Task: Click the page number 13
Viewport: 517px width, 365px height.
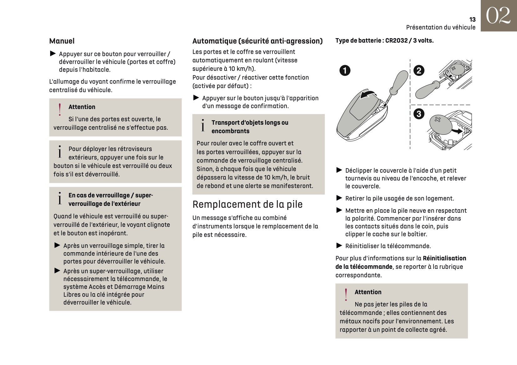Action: tap(472, 19)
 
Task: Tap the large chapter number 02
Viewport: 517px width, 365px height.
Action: tap(499, 16)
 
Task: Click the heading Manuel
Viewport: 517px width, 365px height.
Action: tap(62, 41)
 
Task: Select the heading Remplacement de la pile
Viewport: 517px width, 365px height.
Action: tap(247, 204)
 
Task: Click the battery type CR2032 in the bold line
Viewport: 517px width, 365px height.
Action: tap(396, 40)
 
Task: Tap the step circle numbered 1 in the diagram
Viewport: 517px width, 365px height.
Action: tap(345, 70)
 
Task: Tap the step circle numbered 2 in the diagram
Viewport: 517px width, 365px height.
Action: tap(419, 70)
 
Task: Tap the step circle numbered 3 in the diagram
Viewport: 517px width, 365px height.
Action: tap(419, 113)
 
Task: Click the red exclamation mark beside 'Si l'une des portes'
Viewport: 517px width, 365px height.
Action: tap(60, 110)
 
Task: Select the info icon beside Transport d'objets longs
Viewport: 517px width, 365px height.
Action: tap(203, 126)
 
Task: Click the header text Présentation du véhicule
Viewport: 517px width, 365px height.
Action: tap(441, 27)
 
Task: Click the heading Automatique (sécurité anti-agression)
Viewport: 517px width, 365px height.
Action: tap(257, 41)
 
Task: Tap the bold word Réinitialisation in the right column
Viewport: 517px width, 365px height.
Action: tap(444, 258)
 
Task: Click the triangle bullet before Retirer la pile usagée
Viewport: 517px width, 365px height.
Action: tap(339, 198)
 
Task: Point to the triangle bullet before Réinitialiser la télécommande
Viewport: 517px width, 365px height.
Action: tap(339, 246)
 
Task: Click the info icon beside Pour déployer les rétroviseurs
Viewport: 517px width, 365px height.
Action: tap(60, 152)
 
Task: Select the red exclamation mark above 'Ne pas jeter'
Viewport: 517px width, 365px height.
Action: tap(346, 295)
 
